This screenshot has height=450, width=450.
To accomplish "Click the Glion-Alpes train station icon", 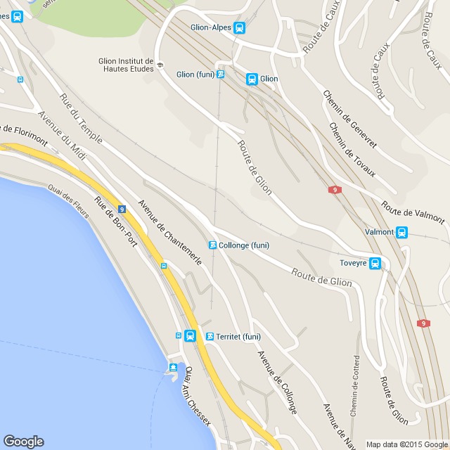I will pos(240,28).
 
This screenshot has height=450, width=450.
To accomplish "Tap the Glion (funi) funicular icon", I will pos(221,74).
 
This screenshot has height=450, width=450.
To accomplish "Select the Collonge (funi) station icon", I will pos(212,245).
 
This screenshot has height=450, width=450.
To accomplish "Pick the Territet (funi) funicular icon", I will pos(210,337).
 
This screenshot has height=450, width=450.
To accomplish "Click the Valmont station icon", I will pos(401,232).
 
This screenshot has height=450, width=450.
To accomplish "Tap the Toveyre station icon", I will pos(375,264).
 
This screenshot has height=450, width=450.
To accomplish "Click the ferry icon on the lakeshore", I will pos(173,368).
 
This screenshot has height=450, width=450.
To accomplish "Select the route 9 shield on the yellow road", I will pos(122,209).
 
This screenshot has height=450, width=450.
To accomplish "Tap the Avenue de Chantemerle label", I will pos(170,233).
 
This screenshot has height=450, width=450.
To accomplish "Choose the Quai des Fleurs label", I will pos(69,201).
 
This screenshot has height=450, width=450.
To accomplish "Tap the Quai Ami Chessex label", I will pos(196,398).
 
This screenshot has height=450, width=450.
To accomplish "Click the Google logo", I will pos(23,442).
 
